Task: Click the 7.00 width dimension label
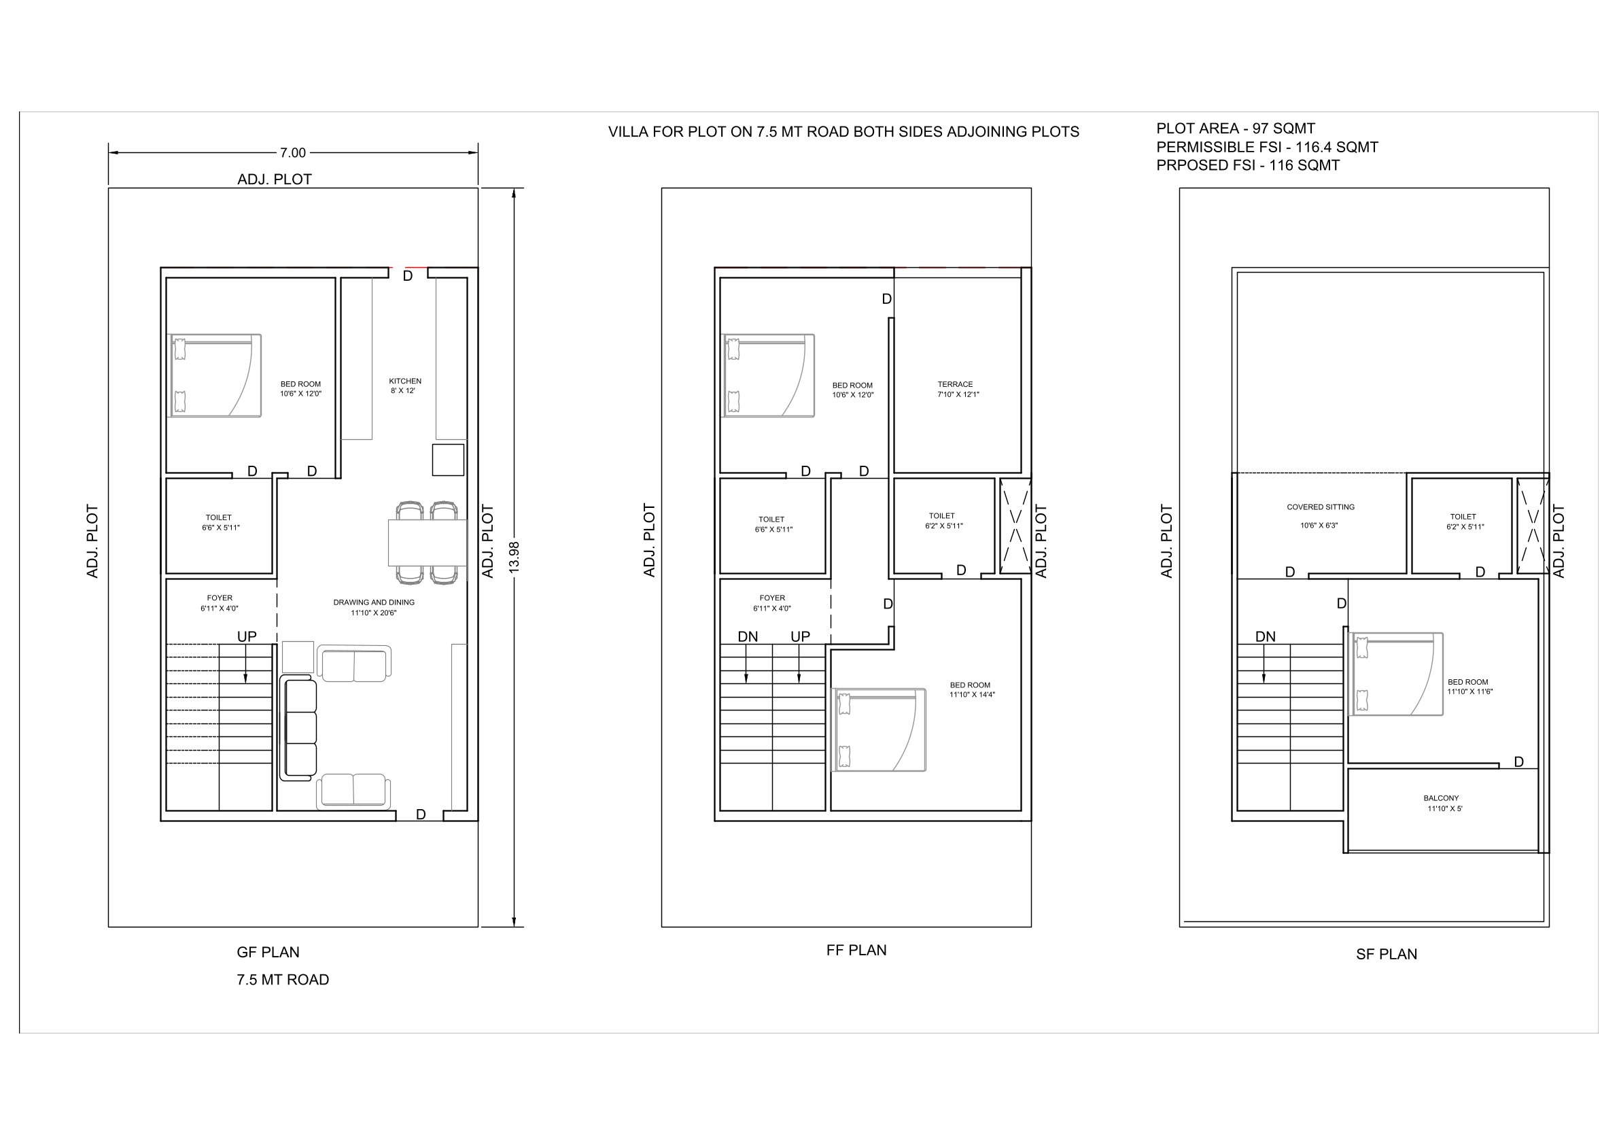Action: [293, 152]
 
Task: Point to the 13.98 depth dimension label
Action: [514, 557]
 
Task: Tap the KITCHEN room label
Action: [405, 381]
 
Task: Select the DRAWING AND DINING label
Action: [374, 602]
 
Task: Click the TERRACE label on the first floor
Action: [955, 384]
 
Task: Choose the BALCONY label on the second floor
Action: [1442, 799]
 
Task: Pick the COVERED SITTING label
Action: [1320, 507]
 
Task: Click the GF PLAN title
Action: [268, 953]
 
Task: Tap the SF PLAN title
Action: [1387, 955]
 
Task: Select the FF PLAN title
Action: [856, 951]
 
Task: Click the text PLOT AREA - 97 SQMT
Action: [1236, 129]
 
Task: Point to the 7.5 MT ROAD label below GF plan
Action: [283, 980]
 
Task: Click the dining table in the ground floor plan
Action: [428, 543]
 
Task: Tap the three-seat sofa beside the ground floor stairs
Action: [298, 728]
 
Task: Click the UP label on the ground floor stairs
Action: [247, 636]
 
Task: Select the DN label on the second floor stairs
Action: [1265, 636]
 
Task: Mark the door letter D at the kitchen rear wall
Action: [408, 277]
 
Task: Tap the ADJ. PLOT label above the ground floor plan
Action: [275, 180]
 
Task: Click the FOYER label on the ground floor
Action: [220, 598]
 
